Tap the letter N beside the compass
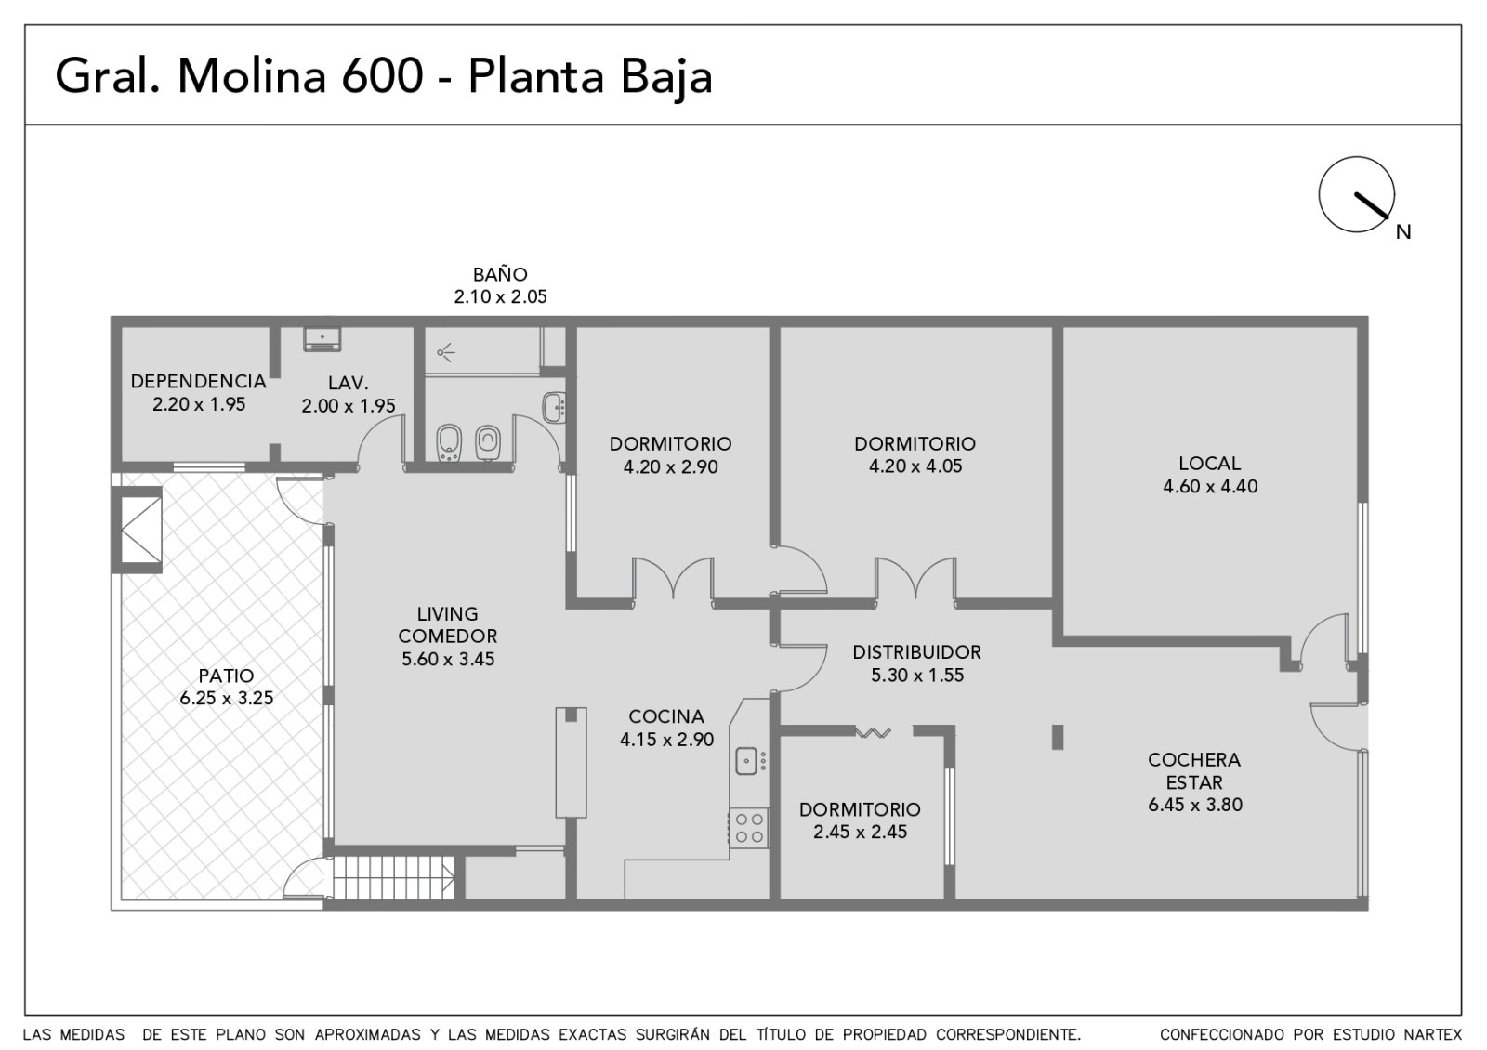click(1403, 232)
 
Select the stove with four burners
click(749, 828)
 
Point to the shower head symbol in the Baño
click(446, 351)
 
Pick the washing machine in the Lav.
click(322, 339)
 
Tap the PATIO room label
click(227, 676)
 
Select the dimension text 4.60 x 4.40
click(1210, 487)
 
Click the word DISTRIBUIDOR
click(916, 652)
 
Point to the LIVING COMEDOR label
click(447, 624)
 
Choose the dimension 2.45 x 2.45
click(861, 832)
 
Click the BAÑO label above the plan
click(501, 274)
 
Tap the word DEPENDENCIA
click(199, 382)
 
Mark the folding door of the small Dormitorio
click(873, 733)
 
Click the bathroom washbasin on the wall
click(555, 408)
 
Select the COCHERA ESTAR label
click(1194, 770)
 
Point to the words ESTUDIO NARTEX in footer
click(1388, 1035)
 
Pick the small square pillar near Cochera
click(1058, 738)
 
